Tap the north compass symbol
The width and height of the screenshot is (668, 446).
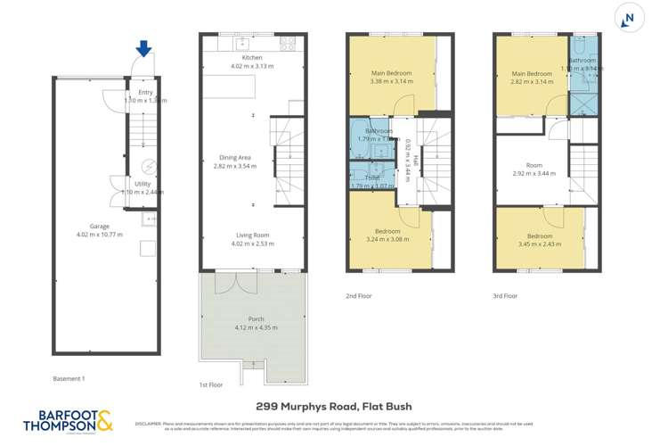point(631,18)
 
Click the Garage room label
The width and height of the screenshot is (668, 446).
point(86,227)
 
